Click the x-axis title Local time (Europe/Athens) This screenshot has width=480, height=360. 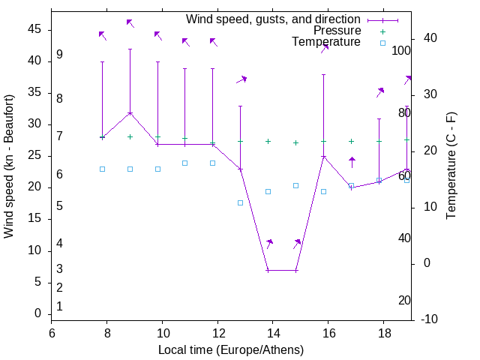231,350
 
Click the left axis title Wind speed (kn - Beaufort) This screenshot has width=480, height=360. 9,166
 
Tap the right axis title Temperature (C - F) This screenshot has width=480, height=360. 451,166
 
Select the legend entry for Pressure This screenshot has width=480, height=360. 337,31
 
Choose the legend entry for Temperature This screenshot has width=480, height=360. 326,42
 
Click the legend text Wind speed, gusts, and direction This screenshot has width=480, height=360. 274,19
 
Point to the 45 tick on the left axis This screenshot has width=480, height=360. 34,28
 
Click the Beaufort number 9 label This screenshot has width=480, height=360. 59,55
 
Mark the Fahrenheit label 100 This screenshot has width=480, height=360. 401,50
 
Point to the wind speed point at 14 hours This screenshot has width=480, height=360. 268,270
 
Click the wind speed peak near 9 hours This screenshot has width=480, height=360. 130,112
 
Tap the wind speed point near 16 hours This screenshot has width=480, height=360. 324,157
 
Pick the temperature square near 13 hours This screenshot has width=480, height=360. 241,202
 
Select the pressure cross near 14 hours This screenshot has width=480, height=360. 268,141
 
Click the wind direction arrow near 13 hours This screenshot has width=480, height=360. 241,79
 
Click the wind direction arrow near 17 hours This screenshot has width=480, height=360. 352,162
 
